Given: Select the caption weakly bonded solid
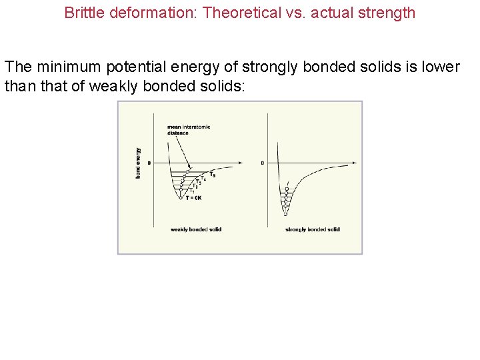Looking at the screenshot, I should coord(196,229).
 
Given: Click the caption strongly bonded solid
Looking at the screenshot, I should coord(312,229).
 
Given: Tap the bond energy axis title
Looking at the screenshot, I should coord(138,163).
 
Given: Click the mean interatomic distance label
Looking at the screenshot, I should coord(189,129).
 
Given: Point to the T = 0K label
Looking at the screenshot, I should coord(194,198).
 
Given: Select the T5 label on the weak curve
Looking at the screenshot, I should coord(213,175).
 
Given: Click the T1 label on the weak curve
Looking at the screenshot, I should coord(193,191).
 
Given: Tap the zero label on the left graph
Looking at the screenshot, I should coord(149,163).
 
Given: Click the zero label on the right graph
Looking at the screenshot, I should coord(263,163).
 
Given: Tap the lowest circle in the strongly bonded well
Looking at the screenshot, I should coord(285,213).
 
